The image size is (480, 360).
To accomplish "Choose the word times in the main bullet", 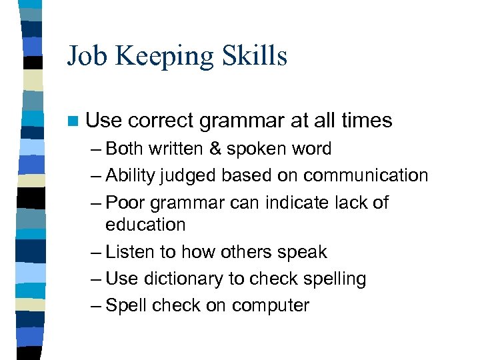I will [x=367, y=121].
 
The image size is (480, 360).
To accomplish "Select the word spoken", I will [x=256, y=149].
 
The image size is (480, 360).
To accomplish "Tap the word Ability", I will [x=130, y=176].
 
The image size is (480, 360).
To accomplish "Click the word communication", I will [x=365, y=175].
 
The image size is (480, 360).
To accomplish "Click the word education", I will [x=145, y=225].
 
